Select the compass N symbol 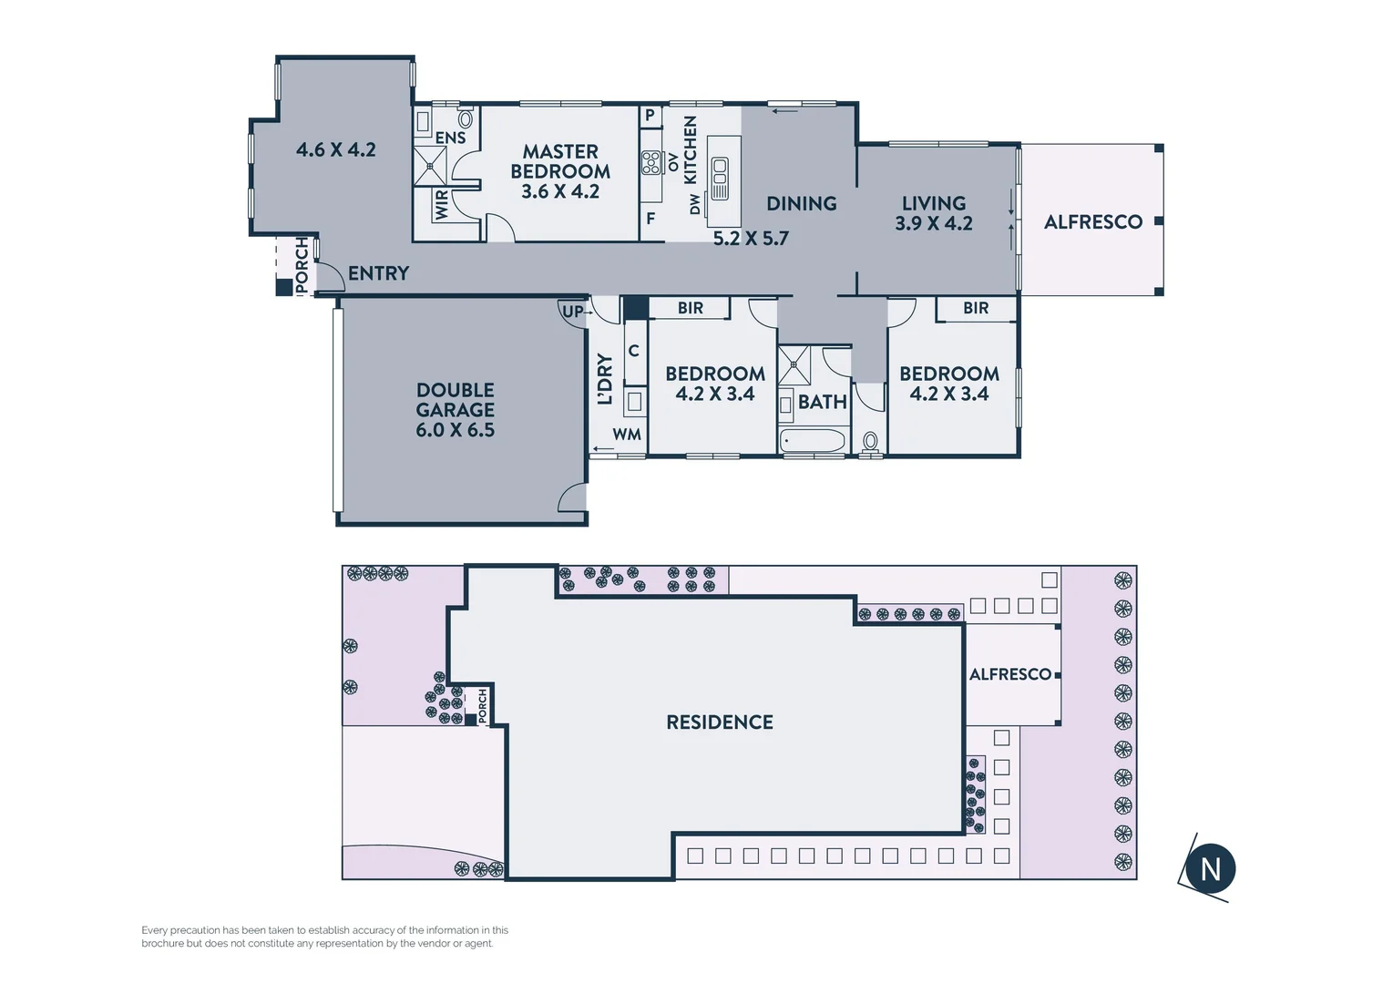click(1211, 868)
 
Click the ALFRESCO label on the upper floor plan click(1092, 221)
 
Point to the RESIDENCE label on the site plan click(719, 723)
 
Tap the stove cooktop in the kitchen click(650, 163)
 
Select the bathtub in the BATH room click(814, 441)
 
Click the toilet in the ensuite click(466, 118)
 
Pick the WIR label click(442, 204)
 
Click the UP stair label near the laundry click(572, 312)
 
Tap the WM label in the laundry click(626, 435)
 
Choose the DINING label click(801, 204)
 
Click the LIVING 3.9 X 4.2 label click(933, 213)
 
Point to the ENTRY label click(378, 273)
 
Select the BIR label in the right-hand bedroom click(975, 309)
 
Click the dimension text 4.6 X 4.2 click(335, 149)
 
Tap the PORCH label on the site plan click(483, 702)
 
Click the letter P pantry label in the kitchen click(650, 116)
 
